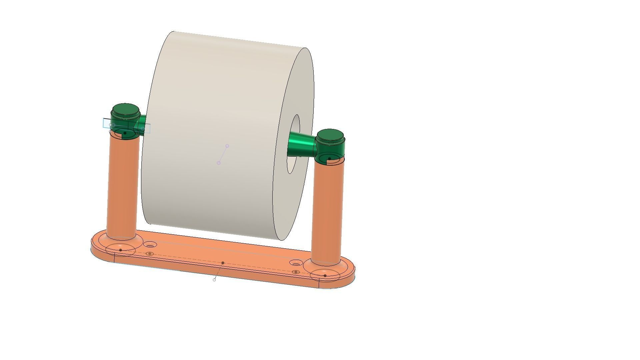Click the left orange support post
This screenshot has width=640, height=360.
[x=122, y=187]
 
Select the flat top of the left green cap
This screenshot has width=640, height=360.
[x=125, y=110]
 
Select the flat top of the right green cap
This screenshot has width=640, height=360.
[x=330, y=135]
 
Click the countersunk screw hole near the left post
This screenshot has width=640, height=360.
[x=150, y=245]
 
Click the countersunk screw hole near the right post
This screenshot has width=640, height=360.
[x=295, y=263]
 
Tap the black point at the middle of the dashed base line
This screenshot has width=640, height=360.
[x=223, y=263]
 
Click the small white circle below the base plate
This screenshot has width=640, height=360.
[x=214, y=280]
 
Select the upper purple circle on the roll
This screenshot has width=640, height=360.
[x=227, y=146]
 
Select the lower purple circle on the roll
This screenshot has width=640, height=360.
[x=219, y=163]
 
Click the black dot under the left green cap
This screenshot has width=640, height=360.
[x=125, y=133]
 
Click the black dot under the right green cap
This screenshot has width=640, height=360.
[x=330, y=159]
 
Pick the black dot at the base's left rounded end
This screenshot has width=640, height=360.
[x=120, y=250]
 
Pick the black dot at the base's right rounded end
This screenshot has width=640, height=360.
[x=325, y=276]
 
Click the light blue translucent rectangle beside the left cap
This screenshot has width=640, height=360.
[x=107, y=123]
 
